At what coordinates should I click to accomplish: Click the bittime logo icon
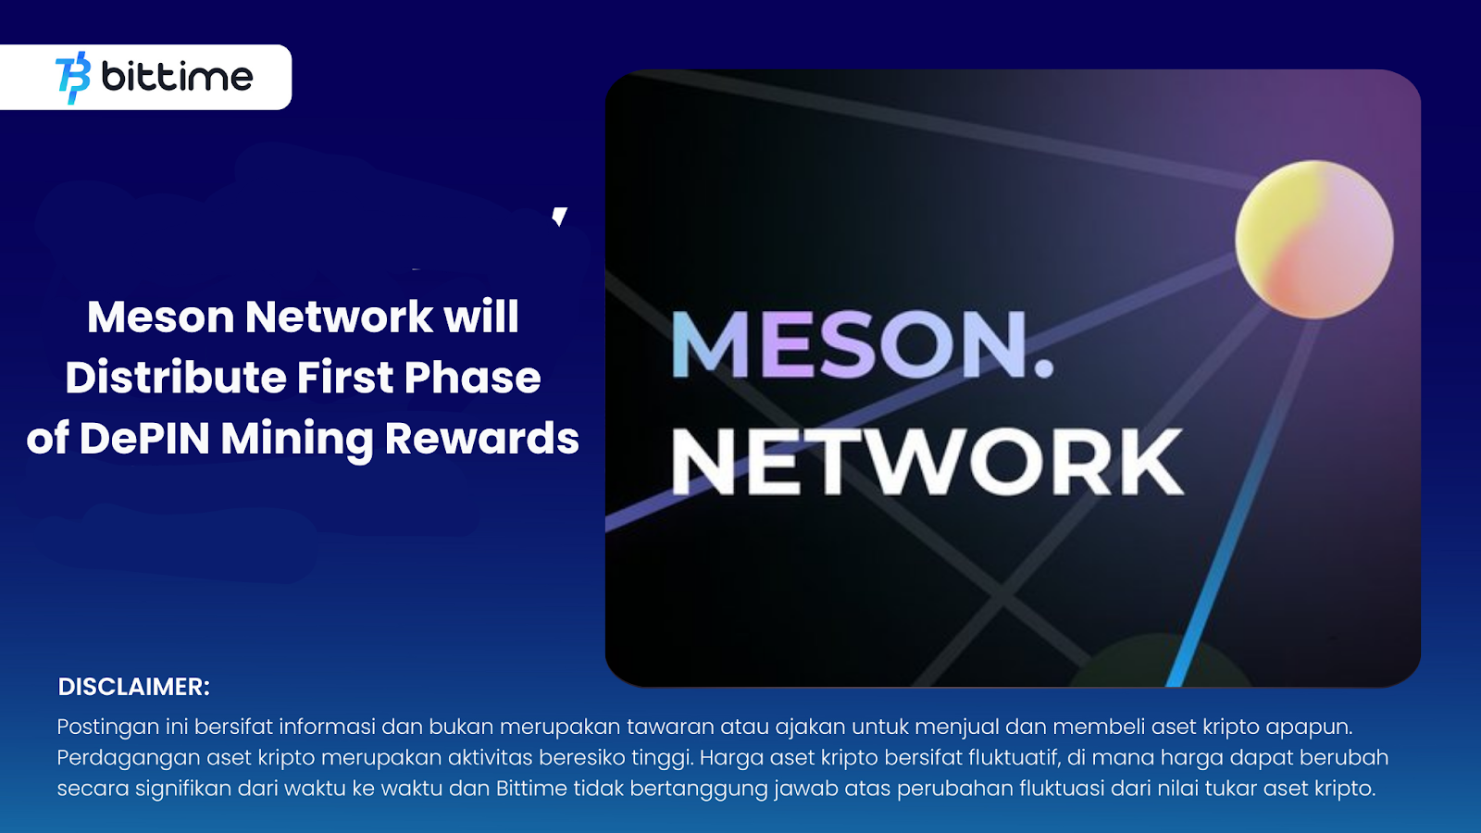pos(74,78)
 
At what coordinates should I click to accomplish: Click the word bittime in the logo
pos(177,77)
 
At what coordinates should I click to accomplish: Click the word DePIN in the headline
pos(144,439)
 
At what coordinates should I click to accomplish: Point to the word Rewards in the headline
pos(481,439)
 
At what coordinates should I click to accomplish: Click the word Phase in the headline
pos(472,378)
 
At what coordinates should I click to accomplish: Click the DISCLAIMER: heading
pos(134,687)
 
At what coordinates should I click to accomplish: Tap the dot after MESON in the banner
pos(1043,368)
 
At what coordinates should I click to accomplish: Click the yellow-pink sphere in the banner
pos(1313,240)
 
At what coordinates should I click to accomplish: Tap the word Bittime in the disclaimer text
pos(531,789)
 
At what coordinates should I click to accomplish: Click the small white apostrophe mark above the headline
pos(559,217)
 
